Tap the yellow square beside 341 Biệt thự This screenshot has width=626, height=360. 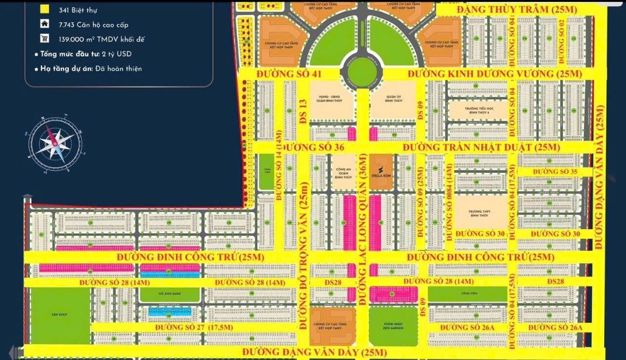[44, 10]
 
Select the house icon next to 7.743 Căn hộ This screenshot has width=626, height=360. [44, 24]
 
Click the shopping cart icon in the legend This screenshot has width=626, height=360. [44, 39]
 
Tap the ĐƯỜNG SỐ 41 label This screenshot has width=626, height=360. [289, 74]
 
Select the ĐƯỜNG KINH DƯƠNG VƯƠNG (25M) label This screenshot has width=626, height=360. [494, 74]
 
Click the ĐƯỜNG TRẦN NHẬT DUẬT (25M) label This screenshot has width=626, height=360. [480, 147]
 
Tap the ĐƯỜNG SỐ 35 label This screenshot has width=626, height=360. [555, 172]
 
